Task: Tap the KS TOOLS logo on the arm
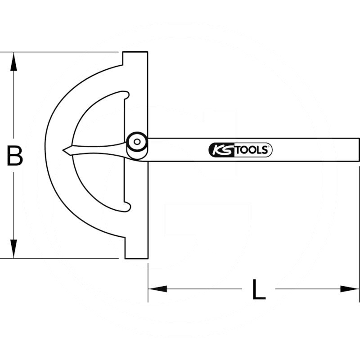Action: coord(240,150)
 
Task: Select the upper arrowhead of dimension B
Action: coord(14,61)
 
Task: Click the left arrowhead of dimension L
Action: coord(157,289)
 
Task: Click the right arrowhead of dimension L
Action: coord(350,289)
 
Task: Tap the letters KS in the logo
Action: coord(220,150)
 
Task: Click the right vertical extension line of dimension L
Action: coord(359,279)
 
